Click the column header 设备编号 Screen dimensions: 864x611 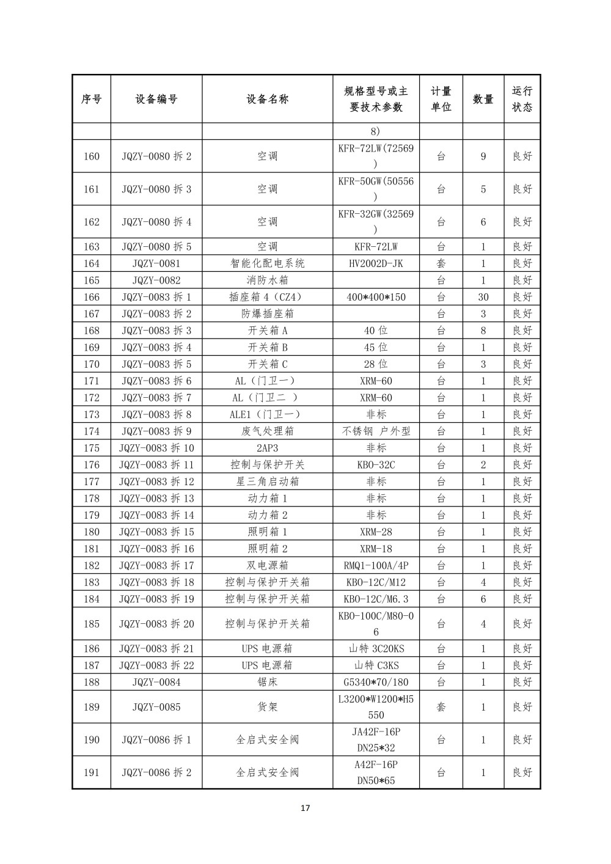click(x=156, y=99)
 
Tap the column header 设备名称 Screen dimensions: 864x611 click(x=268, y=99)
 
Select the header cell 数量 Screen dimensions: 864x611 click(x=483, y=99)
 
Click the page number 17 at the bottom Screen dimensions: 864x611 click(x=305, y=808)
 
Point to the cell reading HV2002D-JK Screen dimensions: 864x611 click(x=376, y=263)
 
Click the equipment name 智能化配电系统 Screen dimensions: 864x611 click(x=268, y=263)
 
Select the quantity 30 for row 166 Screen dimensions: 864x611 click(x=483, y=297)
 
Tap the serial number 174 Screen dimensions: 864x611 click(x=91, y=431)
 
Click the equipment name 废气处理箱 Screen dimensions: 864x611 click(x=268, y=431)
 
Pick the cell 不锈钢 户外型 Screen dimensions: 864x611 click(x=376, y=431)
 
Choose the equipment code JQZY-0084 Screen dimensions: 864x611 click(x=156, y=682)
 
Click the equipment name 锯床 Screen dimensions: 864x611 click(x=268, y=682)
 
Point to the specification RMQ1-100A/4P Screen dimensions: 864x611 click(x=376, y=565)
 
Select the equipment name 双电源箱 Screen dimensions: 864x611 click(x=268, y=565)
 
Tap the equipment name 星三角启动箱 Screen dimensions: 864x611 click(x=268, y=481)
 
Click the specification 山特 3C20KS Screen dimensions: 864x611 click(x=376, y=648)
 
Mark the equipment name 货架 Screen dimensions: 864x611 click(x=268, y=707)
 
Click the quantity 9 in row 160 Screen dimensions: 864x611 click(x=483, y=156)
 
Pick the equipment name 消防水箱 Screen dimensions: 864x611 click(x=268, y=280)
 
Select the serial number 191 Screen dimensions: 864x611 click(x=91, y=772)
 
